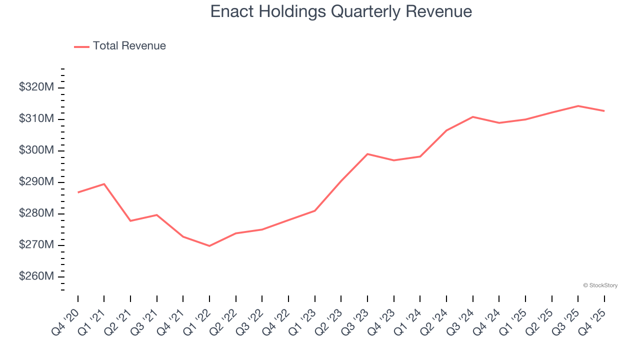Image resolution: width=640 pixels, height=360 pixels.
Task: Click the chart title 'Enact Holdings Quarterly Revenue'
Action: coord(341,11)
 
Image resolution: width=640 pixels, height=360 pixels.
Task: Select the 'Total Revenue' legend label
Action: coord(129,46)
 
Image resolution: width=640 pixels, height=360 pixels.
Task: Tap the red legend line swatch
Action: coord(81,46)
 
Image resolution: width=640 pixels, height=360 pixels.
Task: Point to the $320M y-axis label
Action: coord(36,87)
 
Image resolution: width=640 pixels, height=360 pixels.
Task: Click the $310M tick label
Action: coord(36,119)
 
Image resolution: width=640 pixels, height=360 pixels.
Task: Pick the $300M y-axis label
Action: coord(36,150)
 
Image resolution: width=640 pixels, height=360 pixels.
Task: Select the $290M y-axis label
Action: coord(36,182)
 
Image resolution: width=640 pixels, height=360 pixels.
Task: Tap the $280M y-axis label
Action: coord(36,213)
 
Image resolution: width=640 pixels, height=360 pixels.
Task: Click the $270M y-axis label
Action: coord(36,245)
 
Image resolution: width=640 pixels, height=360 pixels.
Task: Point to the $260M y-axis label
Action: coord(36,276)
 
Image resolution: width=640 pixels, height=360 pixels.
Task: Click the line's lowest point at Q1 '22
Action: coord(209,246)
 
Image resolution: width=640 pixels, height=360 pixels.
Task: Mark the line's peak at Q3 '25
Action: coord(578,106)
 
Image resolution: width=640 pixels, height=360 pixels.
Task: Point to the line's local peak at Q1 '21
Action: coord(104,184)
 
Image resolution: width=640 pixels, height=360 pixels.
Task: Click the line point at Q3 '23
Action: coord(367,154)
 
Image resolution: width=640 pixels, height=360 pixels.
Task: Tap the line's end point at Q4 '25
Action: coord(604,111)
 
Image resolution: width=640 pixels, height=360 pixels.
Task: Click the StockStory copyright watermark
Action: coord(600,285)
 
